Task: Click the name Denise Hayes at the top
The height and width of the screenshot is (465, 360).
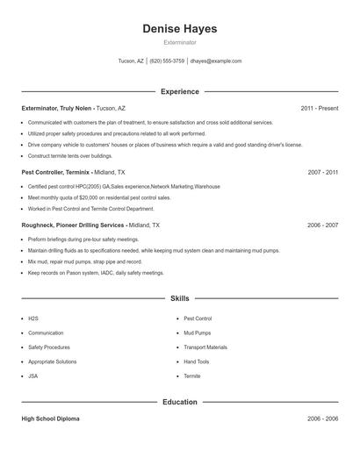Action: click(180, 29)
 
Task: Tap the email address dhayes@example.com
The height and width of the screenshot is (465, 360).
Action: click(216, 61)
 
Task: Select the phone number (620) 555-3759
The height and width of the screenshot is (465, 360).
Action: click(167, 61)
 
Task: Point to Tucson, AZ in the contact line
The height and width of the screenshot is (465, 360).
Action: click(131, 61)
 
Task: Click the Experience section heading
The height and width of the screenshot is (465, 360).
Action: click(180, 91)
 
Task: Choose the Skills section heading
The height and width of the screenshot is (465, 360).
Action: click(180, 298)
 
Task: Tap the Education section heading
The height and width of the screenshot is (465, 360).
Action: click(180, 402)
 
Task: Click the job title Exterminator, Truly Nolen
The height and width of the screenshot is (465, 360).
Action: click(57, 108)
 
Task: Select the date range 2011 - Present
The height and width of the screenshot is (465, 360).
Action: click(320, 108)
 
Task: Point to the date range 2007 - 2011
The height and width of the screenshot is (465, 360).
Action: click(323, 173)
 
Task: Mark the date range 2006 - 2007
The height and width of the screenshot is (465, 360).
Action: click(323, 225)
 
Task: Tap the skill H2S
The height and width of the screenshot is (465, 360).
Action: click(33, 318)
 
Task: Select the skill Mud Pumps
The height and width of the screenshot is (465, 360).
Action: click(197, 333)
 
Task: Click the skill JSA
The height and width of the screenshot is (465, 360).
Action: click(33, 376)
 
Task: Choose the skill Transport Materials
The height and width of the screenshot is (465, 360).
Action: click(205, 347)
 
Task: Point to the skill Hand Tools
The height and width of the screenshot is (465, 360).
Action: click(197, 361)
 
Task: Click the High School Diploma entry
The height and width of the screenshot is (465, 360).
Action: click(50, 419)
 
